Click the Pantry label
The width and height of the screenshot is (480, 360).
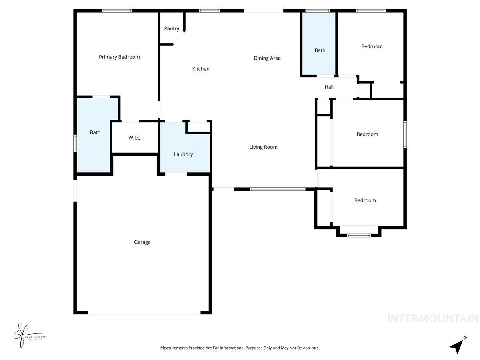point(172,29)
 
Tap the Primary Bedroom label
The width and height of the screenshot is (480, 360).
point(119,57)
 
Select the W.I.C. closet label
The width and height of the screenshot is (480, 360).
point(135,138)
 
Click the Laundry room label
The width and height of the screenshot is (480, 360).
point(183,154)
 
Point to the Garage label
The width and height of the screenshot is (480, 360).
point(142,242)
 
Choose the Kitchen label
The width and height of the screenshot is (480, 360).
point(201,69)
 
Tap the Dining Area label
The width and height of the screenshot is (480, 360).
point(267,58)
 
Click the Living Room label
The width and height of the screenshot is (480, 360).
point(263,147)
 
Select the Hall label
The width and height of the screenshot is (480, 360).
point(329,87)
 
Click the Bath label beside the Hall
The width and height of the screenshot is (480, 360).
point(320,50)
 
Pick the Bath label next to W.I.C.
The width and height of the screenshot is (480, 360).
point(95,132)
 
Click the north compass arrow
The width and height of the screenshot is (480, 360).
point(457,346)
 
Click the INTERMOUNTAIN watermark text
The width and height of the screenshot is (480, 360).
point(432,318)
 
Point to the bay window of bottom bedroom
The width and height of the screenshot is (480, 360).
point(359,235)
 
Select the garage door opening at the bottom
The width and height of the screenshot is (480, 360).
point(144,312)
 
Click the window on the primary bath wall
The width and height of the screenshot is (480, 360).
point(75,143)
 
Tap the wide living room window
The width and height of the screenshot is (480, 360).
point(277,189)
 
